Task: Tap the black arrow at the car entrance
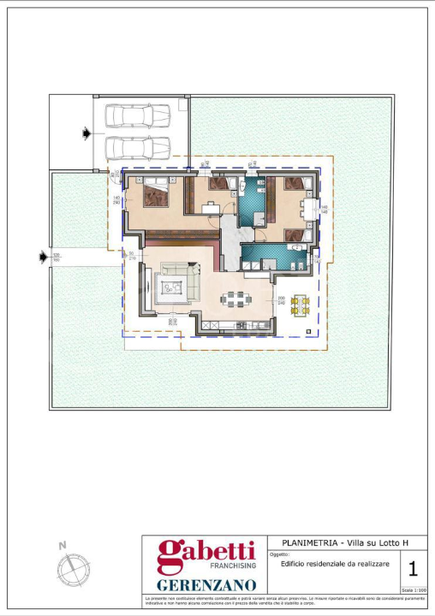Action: click(x=85, y=133)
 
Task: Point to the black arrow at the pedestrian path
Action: click(x=43, y=255)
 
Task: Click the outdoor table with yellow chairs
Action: click(x=300, y=305)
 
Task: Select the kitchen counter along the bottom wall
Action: click(x=241, y=325)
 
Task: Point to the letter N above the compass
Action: click(x=63, y=544)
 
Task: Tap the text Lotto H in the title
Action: click(x=393, y=543)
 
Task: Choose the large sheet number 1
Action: click(x=413, y=568)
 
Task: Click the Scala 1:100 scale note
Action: click(x=414, y=590)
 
